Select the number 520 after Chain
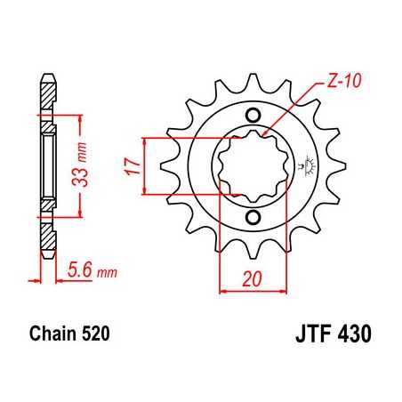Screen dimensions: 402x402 pyautogui.click(x=96, y=336)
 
